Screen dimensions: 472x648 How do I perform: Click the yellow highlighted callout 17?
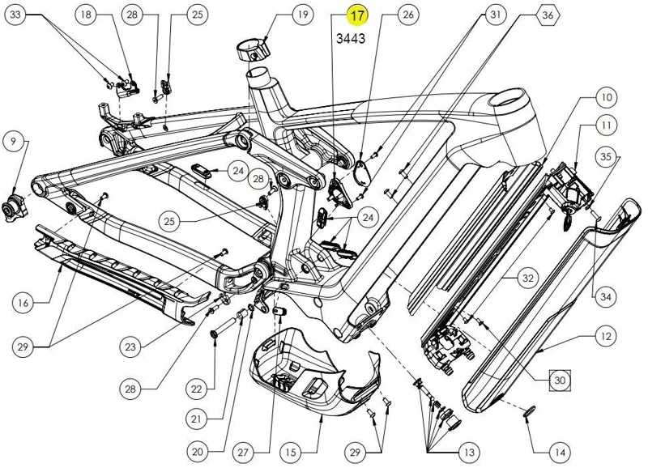coord(356,15)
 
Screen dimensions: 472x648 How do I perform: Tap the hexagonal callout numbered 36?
coord(548,15)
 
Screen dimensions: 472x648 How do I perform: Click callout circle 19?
coord(279,15)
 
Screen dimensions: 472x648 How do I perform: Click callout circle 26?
coord(408,15)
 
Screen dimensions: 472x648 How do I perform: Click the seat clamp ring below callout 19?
coord(254,49)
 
